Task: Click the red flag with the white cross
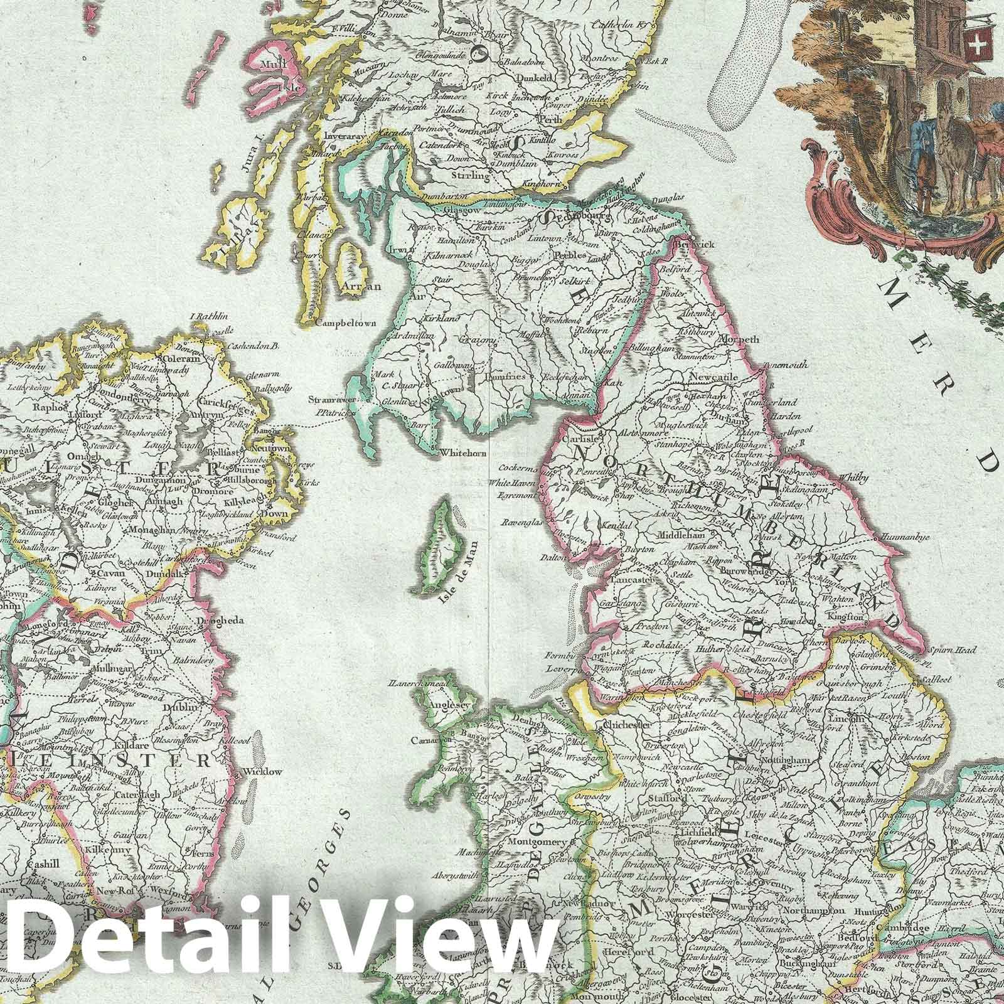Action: pos(977,43)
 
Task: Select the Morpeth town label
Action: pos(742,339)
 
